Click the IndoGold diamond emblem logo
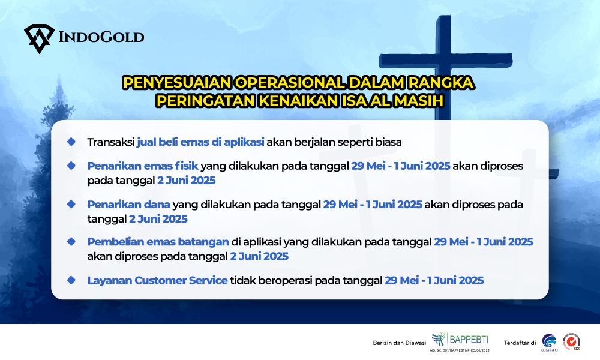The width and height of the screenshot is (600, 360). [x=40, y=38]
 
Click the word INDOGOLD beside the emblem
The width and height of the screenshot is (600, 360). [x=101, y=37]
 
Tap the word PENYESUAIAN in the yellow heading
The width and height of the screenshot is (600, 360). [x=178, y=83]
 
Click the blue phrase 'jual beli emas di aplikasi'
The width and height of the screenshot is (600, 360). [x=200, y=142]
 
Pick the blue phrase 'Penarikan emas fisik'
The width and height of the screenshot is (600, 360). [x=143, y=166]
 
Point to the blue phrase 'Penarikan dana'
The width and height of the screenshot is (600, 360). [x=128, y=204]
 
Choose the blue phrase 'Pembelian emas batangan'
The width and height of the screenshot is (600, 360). [x=158, y=242]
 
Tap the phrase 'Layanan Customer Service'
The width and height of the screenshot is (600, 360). [x=157, y=280]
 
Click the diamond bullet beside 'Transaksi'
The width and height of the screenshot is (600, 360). [x=71, y=142]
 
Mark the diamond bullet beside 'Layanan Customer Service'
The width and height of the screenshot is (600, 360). [x=71, y=280]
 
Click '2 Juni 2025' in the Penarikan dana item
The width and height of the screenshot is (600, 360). [x=158, y=219]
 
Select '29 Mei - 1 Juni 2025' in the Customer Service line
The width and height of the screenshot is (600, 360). [x=434, y=280]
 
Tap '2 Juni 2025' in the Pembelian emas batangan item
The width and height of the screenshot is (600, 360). [x=259, y=256]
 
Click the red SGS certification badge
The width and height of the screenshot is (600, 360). [x=571, y=341]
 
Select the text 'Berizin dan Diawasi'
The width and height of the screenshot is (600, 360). [x=400, y=343]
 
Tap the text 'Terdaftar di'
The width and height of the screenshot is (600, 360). [x=520, y=343]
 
